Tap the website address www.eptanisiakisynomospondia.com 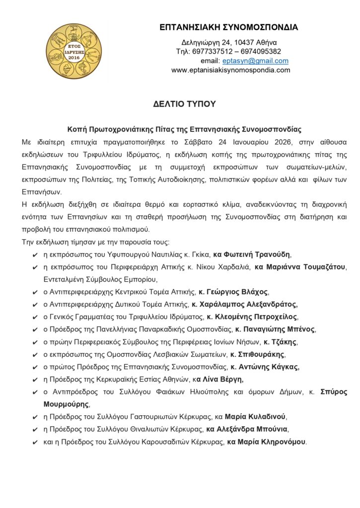(230, 70)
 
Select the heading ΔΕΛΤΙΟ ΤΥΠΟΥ (184, 104)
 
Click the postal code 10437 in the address (244, 42)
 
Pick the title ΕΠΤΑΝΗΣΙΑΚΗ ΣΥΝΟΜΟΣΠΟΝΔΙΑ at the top (229, 27)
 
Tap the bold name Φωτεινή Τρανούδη (256, 254)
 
